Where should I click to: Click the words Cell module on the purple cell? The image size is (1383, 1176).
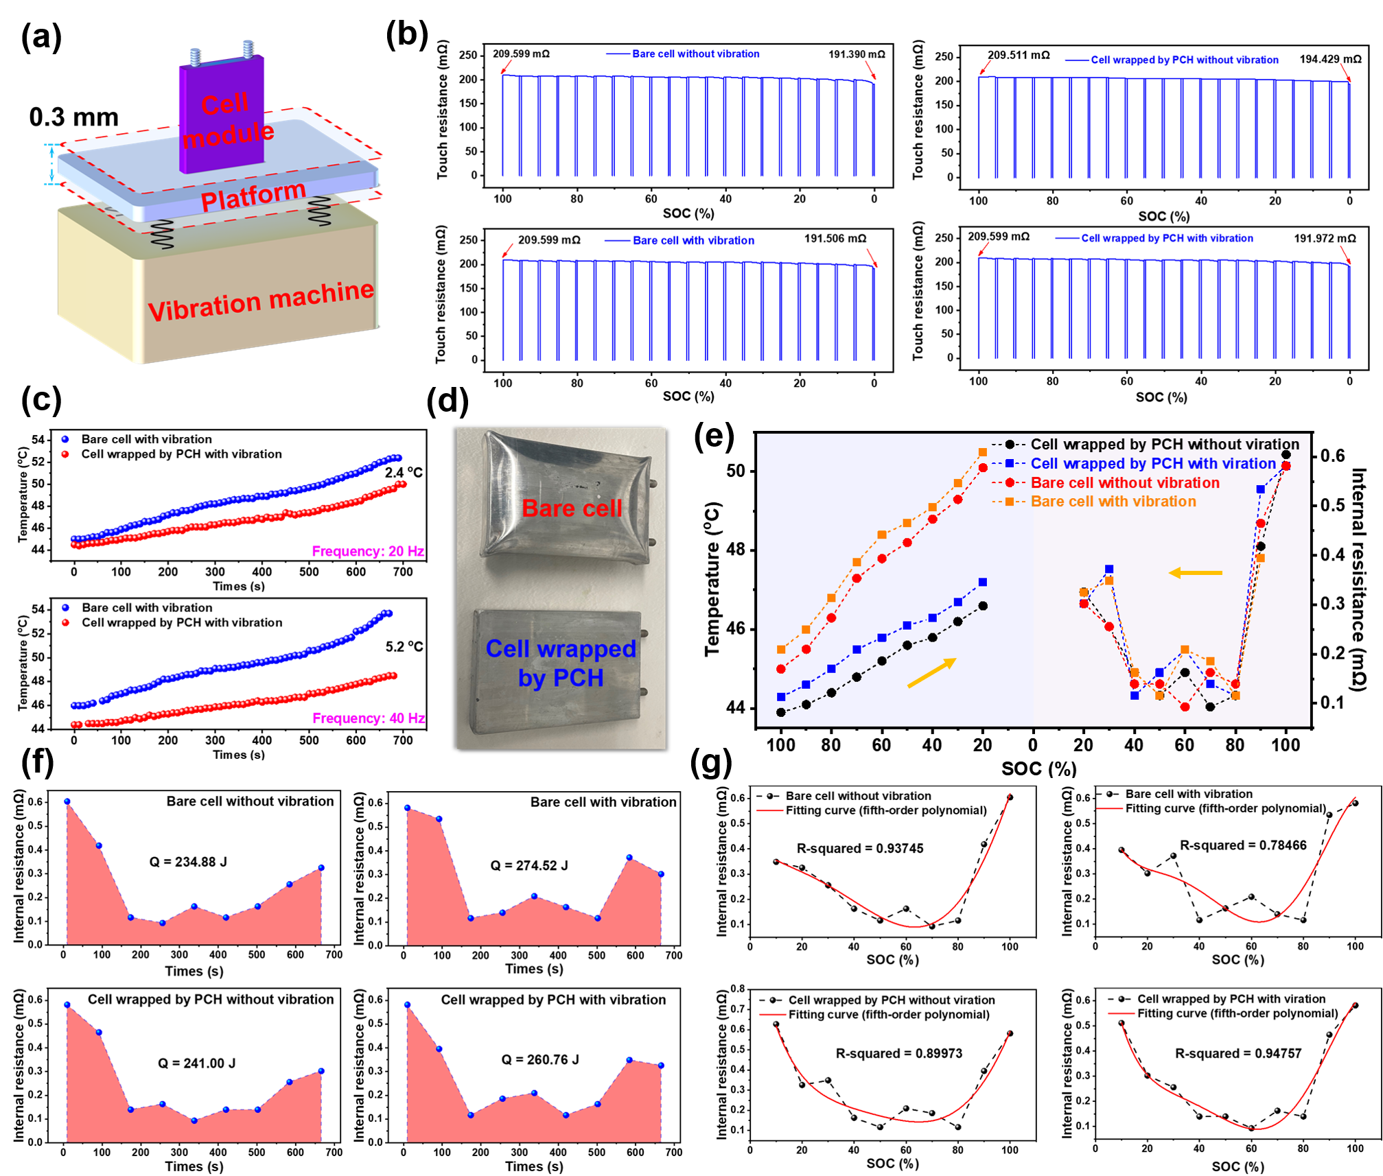pos(226,120)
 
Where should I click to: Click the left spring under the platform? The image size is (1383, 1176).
pos(162,233)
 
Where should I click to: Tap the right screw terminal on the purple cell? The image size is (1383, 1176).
pos(248,49)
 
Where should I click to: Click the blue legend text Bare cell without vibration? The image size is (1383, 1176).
pos(695,54)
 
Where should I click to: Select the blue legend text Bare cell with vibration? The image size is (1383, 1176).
pos(693,241)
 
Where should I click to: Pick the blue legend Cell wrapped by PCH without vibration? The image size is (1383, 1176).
pos(1184,60)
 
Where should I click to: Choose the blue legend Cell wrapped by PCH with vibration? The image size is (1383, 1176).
pos(1166,238)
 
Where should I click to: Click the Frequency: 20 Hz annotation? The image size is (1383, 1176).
pos(368,552)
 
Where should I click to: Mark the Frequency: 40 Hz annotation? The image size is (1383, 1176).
pos(368,718)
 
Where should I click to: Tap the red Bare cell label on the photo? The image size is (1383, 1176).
pos(571,508)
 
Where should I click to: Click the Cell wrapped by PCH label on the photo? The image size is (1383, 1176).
pos(560,663)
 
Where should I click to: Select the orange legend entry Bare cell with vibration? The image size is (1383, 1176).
pos(1113,502)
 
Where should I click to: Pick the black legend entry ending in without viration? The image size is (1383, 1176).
pos(1164,445)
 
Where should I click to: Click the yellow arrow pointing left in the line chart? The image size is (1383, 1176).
pos(1195,573)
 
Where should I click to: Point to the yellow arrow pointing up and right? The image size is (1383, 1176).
pos(931,672)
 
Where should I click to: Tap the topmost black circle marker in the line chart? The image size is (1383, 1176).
pos(1286,455)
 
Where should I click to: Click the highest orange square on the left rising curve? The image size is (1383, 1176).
pos(983,452)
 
